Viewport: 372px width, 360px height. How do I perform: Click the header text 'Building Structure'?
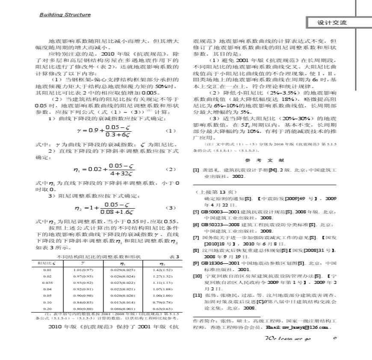click(x=65, y=15)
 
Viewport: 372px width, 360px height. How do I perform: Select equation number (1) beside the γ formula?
click(x=170, y=131)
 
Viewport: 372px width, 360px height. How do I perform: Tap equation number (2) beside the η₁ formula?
click(x=170, y=169)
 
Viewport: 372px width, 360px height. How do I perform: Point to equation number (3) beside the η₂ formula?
click(x=170, y=207)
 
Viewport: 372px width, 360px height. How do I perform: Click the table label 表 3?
click(x=174, y=257)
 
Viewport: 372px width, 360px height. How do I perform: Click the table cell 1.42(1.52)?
click(x=161, y=270)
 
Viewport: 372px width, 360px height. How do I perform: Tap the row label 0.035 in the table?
click(x=47, y=283)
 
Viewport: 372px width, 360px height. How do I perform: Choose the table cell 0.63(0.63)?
click(x=161, y=308)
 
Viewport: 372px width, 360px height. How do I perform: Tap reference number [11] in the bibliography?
click(x=197, y=295)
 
